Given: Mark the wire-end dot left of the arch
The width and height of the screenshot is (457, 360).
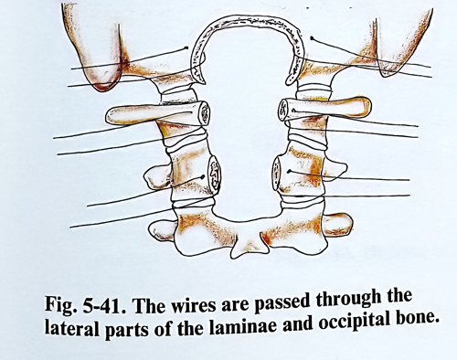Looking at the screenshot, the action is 188,48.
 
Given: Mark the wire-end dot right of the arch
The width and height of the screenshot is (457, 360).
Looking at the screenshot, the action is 312,38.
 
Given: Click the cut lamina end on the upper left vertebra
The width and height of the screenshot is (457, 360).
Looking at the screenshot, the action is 204,113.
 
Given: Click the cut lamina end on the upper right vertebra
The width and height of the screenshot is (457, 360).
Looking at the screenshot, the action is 283,110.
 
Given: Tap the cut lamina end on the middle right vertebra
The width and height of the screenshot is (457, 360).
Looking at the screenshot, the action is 277,173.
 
